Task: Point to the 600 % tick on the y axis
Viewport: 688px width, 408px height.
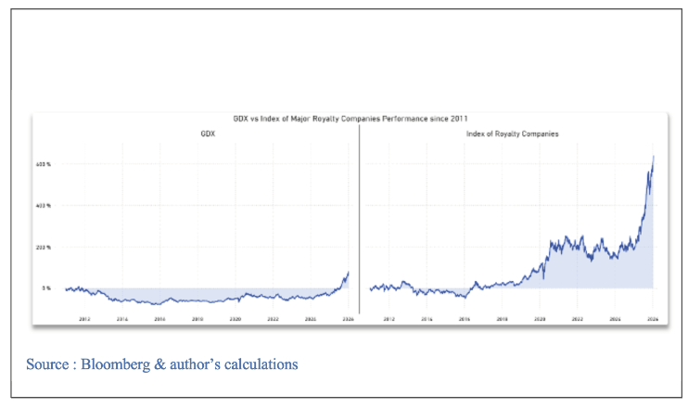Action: pos(43,164)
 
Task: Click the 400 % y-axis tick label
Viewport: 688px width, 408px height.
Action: pos(43,206)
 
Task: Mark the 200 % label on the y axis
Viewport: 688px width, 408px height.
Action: pos(43,248)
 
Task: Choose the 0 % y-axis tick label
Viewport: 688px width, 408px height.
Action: pos(45,288)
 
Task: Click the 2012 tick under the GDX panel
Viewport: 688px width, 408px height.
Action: pos(84,318)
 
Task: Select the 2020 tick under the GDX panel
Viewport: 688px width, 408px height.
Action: pos(236,318)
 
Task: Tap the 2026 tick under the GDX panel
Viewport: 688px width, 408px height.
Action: pos(348,318)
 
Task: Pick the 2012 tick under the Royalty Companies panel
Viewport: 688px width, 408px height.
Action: pos(389,318)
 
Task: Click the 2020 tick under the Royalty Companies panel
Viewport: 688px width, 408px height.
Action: pos(539,318)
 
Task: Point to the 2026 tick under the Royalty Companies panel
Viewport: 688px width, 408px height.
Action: pos(652,318)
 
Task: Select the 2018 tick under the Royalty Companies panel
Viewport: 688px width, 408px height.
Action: pos(502,318)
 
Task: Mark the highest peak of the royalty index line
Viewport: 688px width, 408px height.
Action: pos(654,157)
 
